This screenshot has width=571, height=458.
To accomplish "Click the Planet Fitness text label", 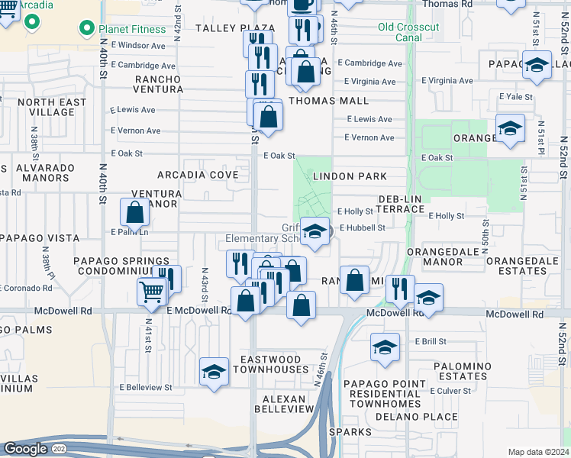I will [132, 29].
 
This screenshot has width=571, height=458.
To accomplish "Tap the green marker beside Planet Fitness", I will [86, 29].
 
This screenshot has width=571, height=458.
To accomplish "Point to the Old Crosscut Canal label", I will [408, 32].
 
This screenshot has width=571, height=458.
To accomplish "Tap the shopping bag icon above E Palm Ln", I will [135, 214].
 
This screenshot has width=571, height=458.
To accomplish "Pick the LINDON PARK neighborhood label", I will [350, 176].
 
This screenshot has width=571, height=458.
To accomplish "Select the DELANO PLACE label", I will [405, 416].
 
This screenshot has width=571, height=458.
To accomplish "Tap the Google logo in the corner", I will [25, 448].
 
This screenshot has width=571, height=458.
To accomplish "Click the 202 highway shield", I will [59, 449].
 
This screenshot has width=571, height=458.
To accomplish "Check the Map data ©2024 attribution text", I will [538, 452].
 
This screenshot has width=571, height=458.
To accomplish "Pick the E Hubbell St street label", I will [362, 227].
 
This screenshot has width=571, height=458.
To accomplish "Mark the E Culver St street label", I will [453, 391].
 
